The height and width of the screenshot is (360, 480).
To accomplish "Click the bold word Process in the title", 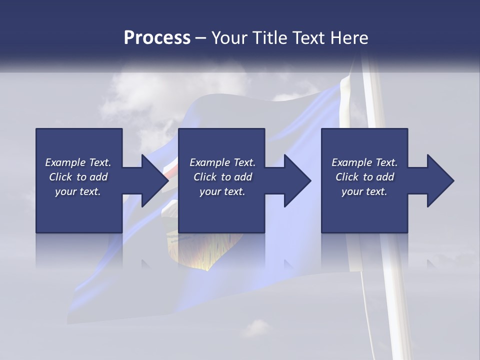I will (x=157, y=38).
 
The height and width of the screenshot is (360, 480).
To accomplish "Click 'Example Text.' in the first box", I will (x=78, y=162).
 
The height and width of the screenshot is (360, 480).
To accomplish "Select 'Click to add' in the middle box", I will (x=222, y=177).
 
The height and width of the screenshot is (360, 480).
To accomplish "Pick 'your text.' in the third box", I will (x=364, y=191).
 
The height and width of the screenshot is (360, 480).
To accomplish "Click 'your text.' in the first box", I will (x=78, y=191).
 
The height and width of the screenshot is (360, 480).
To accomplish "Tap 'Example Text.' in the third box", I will (x=364, y=162).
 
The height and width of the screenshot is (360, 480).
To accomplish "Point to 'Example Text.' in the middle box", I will (x=222, y=162).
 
